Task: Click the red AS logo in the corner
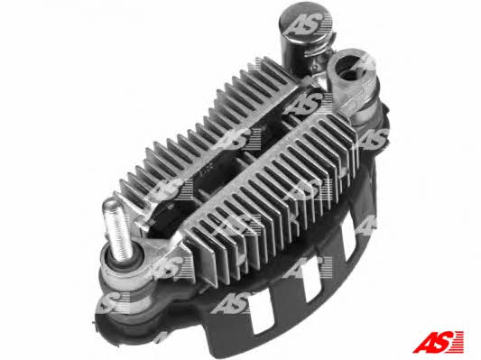tap(439, 342)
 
